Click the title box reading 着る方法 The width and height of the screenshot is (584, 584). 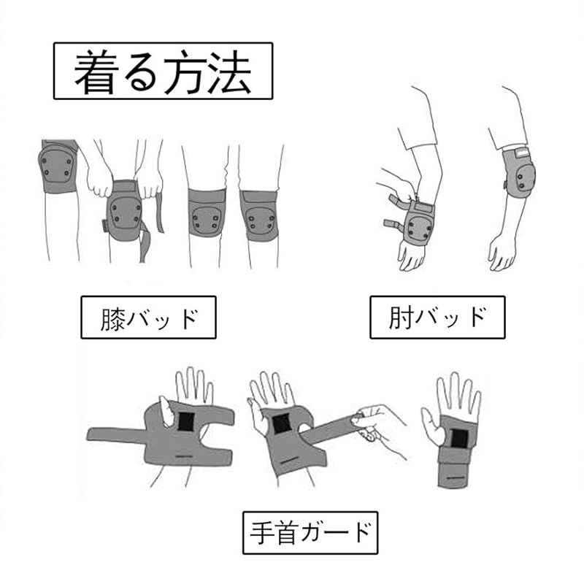(x=163, y=71)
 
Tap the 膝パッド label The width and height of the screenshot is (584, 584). (x=149, y=318)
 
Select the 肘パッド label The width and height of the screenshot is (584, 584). (x=437, y=318)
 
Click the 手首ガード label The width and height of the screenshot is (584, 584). (x=310, y=533)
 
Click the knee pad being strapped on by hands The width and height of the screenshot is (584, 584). (x=124, y=210)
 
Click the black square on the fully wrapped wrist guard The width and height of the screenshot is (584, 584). (x=459, y=439)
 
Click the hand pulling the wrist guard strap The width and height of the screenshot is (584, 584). (x=376, y=425)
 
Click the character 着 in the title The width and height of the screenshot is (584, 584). (x=94, y=72)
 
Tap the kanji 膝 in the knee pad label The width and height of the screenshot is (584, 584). (x=112, y=319)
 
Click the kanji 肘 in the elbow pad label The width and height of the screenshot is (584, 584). (x=401, y=318)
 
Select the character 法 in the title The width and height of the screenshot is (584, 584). (x=229, y=72)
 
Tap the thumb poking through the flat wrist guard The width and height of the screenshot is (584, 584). (x=166, y=411)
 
